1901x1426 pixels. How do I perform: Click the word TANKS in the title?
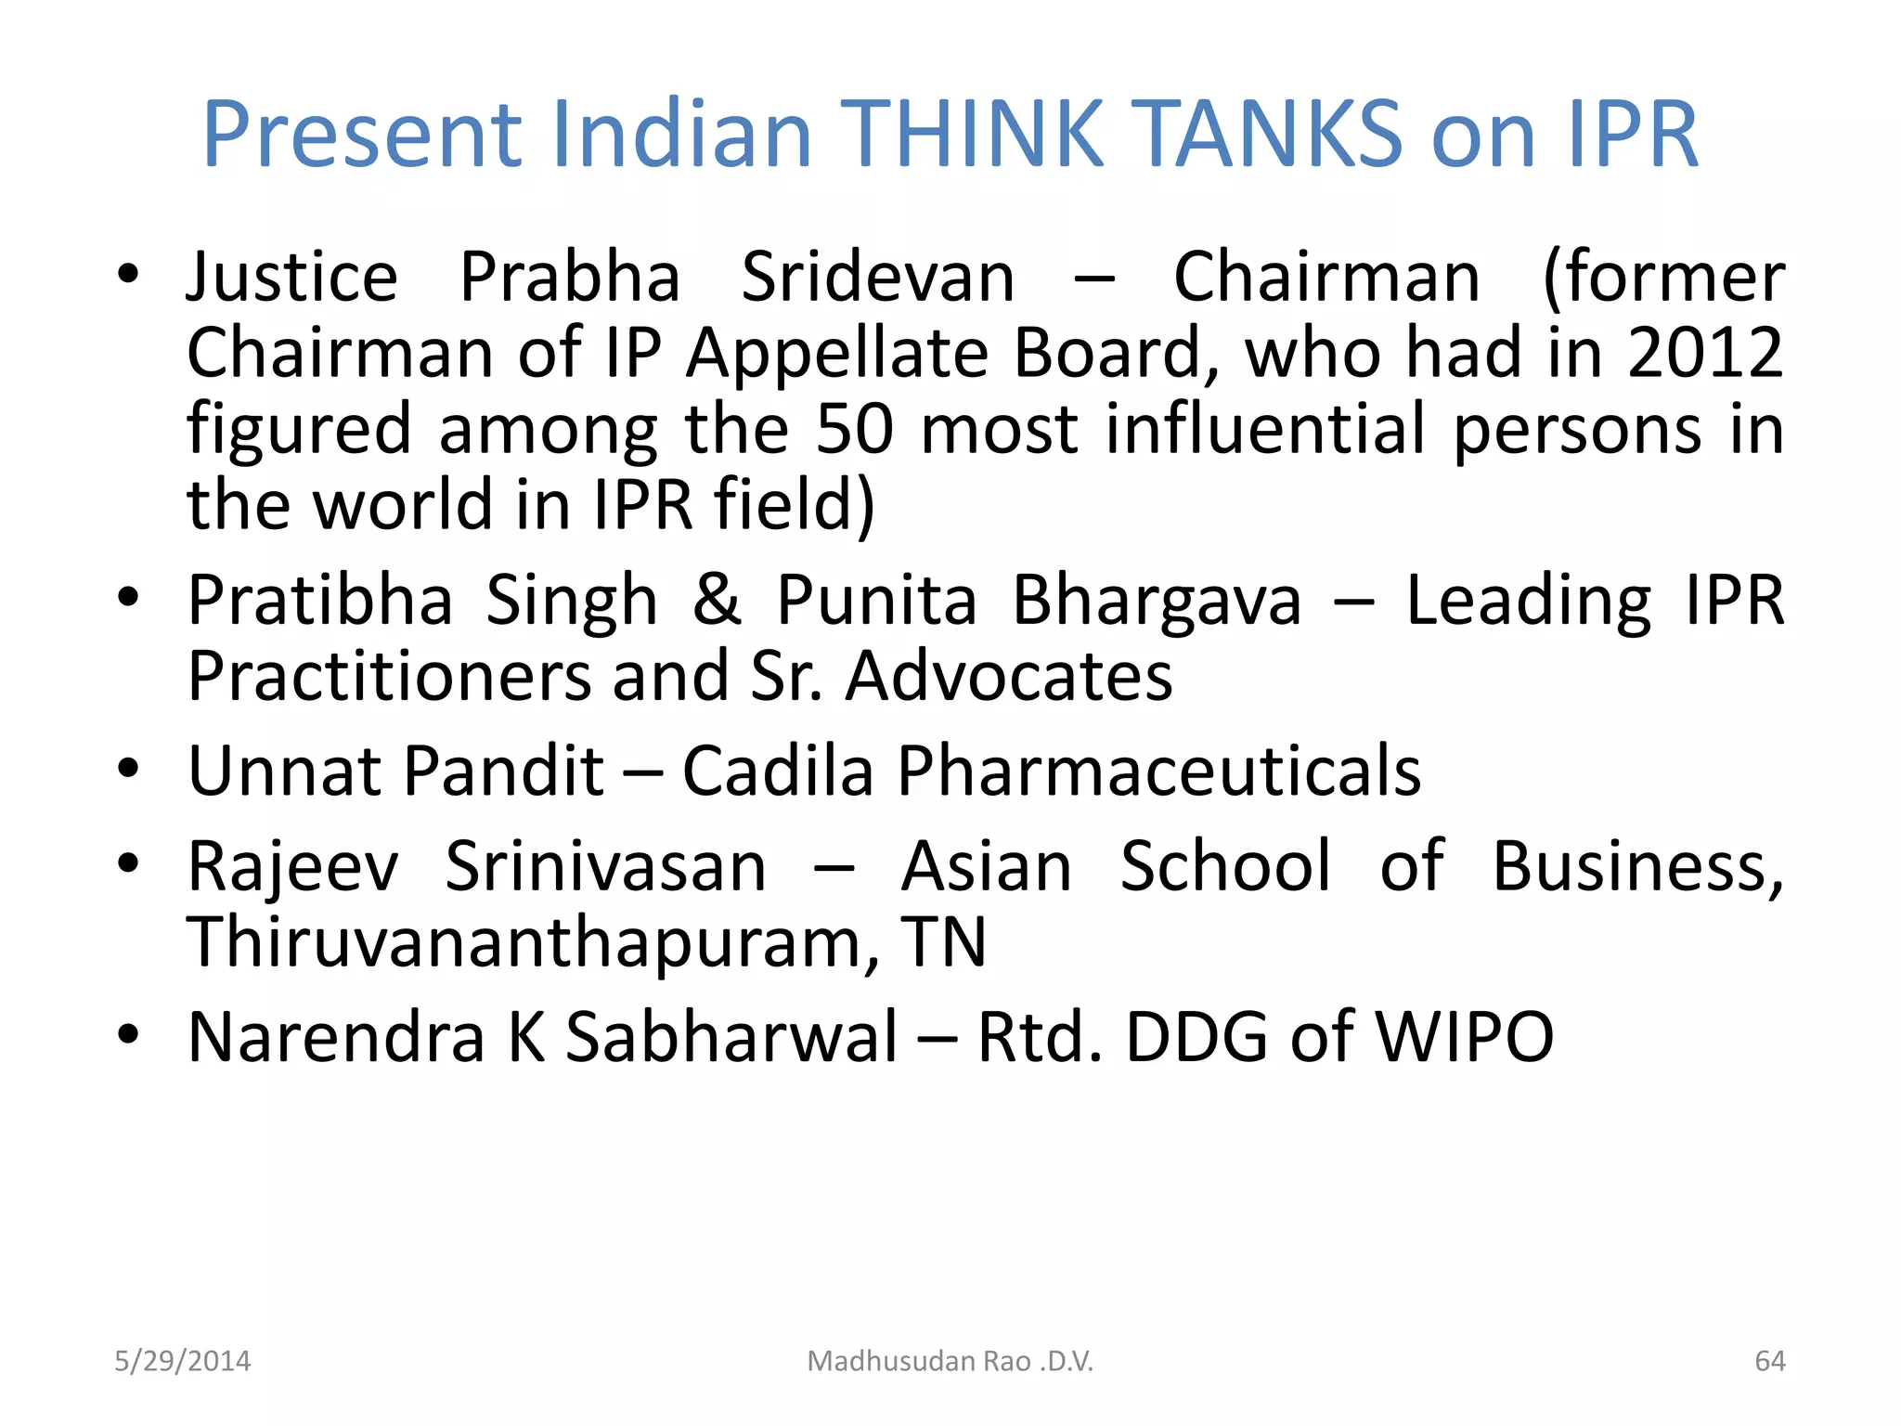pyautogui.click(x=1271, y=136)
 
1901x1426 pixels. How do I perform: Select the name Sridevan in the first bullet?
pyautogui.click(x=878, y=278)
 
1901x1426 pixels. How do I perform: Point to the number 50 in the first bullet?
pyautogui.click(x=854, y=430)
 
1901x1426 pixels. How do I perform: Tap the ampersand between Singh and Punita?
pyautogui.click(x=718, y=601)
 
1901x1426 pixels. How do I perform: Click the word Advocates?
pyautogui.click(x=1009, y=677)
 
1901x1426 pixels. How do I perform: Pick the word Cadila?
pyautogui.click(x=778, y=771)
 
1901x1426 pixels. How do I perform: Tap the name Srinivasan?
pyautogui.click(x=605, y=867)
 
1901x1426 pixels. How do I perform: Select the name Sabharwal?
pyautogui.click(x=731, y=1037)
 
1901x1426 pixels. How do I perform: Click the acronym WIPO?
pyautogui.click(x=1464, y=1037)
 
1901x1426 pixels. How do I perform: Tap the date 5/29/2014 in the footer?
pyautogui.click(x=182, y=1361)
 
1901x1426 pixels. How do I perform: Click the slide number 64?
pyautogui.click(x=1769, y=1361)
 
